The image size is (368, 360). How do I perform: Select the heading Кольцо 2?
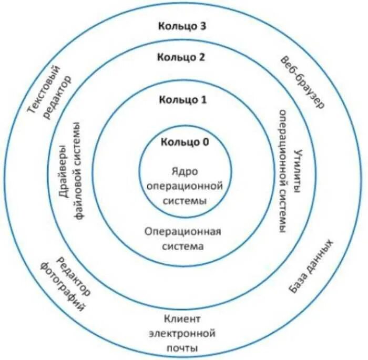pyautogui.click(x=181, y=57)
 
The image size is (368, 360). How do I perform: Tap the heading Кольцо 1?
pyautogui.click(x=183, y=99)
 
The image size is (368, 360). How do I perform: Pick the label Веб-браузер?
pyautogui.click(x=303, y=81)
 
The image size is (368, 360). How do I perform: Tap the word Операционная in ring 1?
pyautogui.click(x=183, y=231)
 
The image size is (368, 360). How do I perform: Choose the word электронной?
pyautogui.click(x=182, y=333)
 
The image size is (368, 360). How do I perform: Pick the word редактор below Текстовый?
pyautogui.click(x=59, y=97)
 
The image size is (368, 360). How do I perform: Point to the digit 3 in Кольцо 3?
pyautogui.click(x=203, y=27)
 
